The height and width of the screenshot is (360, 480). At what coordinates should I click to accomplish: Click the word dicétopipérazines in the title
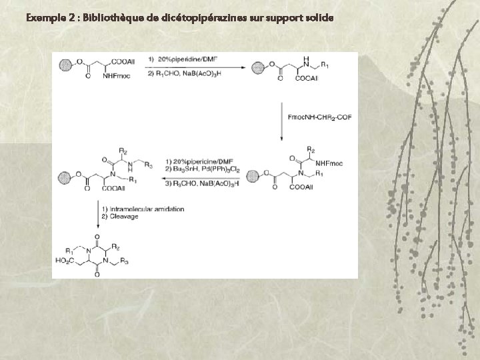click(201, 17)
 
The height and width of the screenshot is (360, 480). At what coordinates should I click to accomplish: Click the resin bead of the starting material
click(65, 65)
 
